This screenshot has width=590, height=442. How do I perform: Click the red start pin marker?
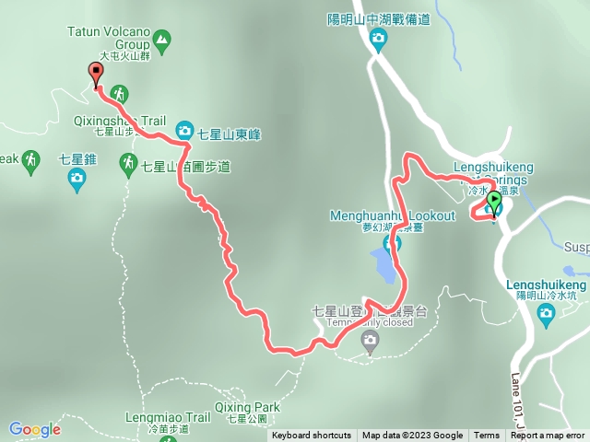tap(96, 74)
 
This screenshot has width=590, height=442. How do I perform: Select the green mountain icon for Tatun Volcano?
tap(163, 40)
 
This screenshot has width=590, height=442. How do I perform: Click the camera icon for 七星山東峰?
tap(183, 132)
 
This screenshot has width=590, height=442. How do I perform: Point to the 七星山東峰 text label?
tap(229, 134)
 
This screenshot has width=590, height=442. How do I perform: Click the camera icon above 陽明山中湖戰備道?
tap(377, 38)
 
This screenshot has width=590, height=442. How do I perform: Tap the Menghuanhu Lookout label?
tap(392, 215)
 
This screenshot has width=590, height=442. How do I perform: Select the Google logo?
tap(35, 428)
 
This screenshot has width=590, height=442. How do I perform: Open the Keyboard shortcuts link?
tap(311, 436)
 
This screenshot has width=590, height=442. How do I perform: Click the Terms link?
tap(487, 436)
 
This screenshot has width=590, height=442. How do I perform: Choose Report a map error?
tap(548, 436)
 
